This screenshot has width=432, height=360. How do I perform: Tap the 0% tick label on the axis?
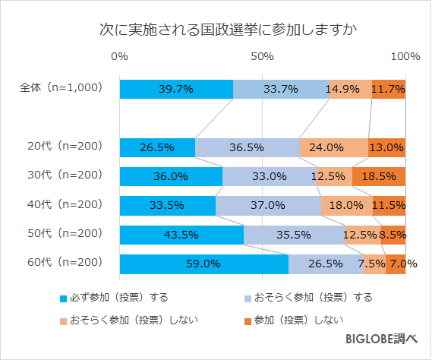point(119,57)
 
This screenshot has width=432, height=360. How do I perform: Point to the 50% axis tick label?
point(262,57)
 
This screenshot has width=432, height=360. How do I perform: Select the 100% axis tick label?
point(405,57)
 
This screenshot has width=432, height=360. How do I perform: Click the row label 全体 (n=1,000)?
point(61,88)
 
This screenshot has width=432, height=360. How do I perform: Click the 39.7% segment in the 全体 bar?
point(176,89)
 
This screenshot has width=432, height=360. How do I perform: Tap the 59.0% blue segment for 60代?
point(203,264)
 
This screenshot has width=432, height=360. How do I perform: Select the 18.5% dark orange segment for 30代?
point(379,176)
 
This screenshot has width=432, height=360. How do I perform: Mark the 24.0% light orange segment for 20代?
point(334,147)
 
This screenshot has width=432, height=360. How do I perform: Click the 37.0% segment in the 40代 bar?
point(268,206)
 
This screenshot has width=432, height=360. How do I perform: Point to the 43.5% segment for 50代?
point(181,235)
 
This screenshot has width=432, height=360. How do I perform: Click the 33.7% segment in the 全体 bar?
point(281,89)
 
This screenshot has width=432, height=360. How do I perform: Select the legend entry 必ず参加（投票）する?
point(114,297)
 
